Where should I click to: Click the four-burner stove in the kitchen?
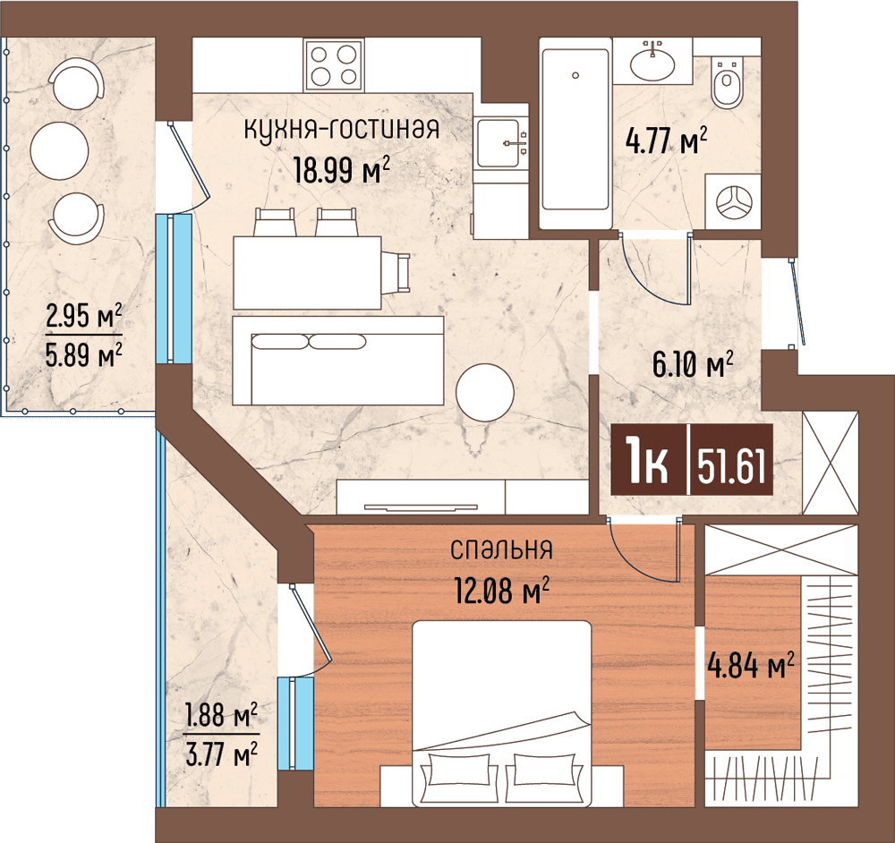click(x=335, y=65)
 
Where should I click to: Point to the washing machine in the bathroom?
click(x=733, y=201)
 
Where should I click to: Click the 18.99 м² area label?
click(x=342, y=169)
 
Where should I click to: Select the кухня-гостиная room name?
click(x=342, y=130)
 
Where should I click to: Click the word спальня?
click(x=502, y=549)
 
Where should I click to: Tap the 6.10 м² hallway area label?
click(x=693, y=364)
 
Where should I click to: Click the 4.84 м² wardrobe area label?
click(x=751, y=666)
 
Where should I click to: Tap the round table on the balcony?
click(x=59, y=150)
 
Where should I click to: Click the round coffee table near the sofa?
click(x=484, y=393)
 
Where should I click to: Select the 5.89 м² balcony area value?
click(x=84, y=355)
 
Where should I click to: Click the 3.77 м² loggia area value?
click(x=221, y=754)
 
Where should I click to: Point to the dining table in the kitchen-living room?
click(x=307, y=273)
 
